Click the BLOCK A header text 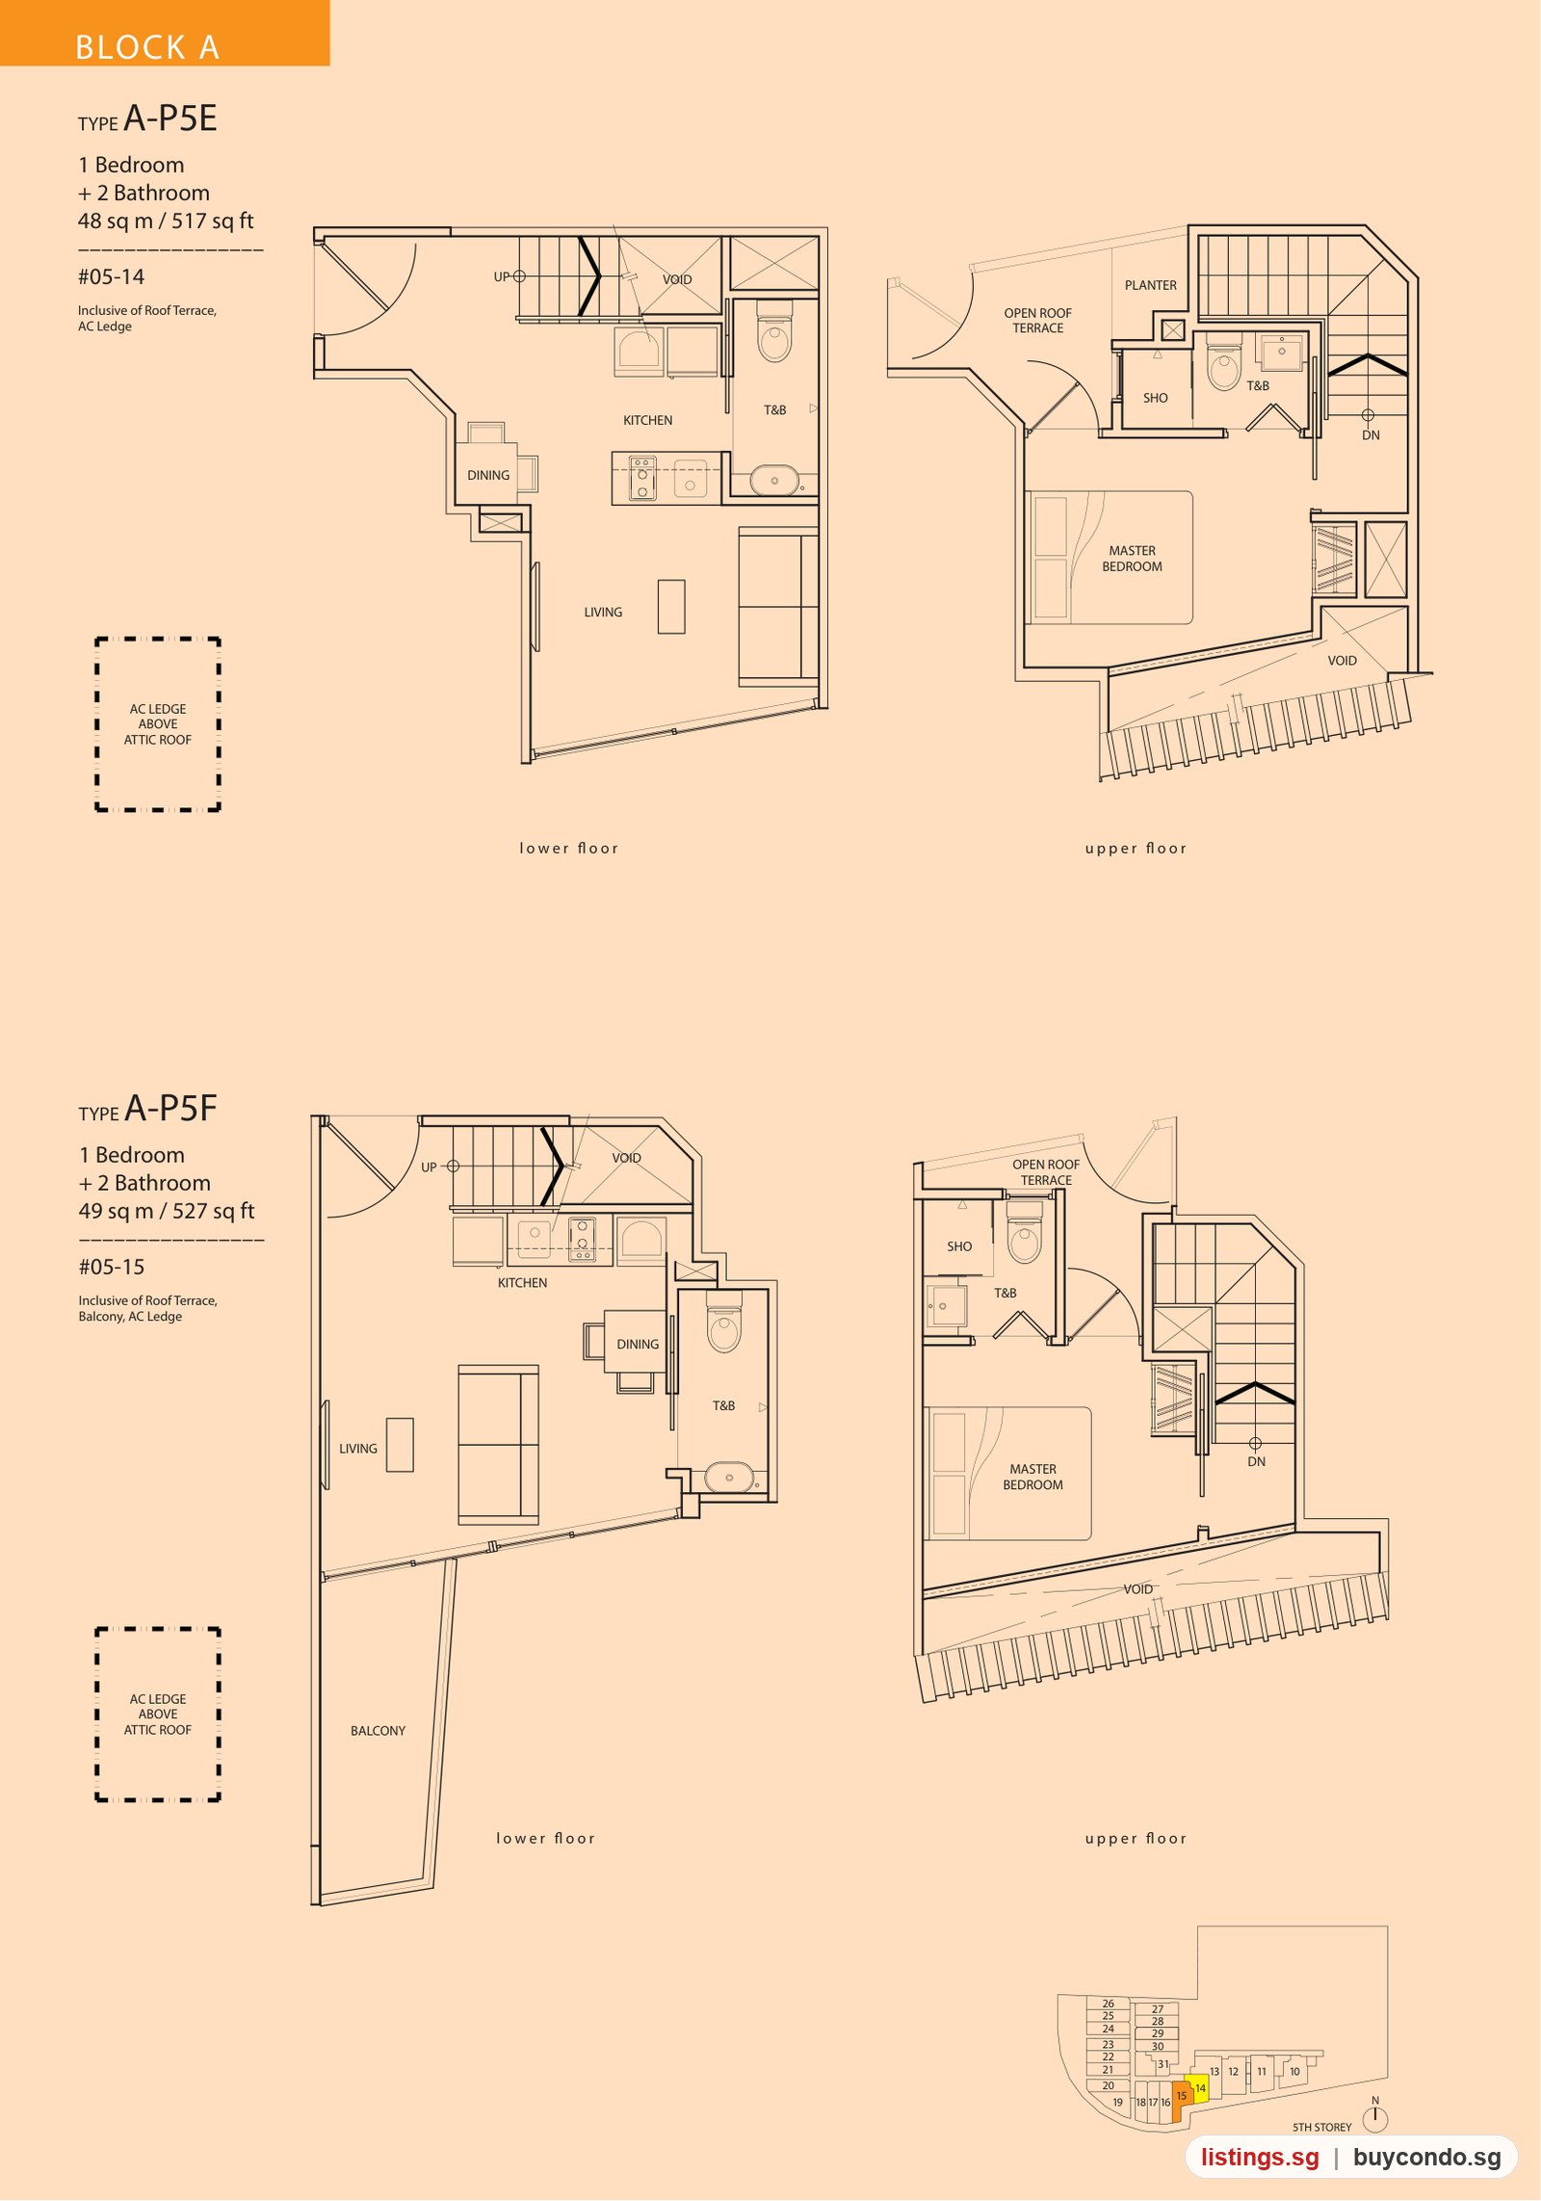coord(147,47)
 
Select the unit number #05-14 coord(112,277)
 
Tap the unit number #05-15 coord(112,1268)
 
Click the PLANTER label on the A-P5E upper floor coord(1150,285)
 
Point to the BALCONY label coord(378,1731)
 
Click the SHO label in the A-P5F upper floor coord(959,1246)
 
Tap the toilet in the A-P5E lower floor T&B coord(774,331)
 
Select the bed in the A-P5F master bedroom coord(1008,1474)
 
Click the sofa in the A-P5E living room coord(778,607)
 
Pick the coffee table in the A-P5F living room coord(400,1445)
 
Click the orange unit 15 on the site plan coord(1182,2096)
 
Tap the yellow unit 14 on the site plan coord(1199,2087)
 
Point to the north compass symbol coord(1375,2116)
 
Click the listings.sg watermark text coord(1260,2157)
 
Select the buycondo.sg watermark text coord(1427,2157)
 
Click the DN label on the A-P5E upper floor coord(1371,435)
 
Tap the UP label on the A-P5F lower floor coord(429,1167)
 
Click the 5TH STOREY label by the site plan coord(1321,2127)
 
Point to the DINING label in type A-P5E coord(488,476)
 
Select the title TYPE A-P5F coord(147,1109)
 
